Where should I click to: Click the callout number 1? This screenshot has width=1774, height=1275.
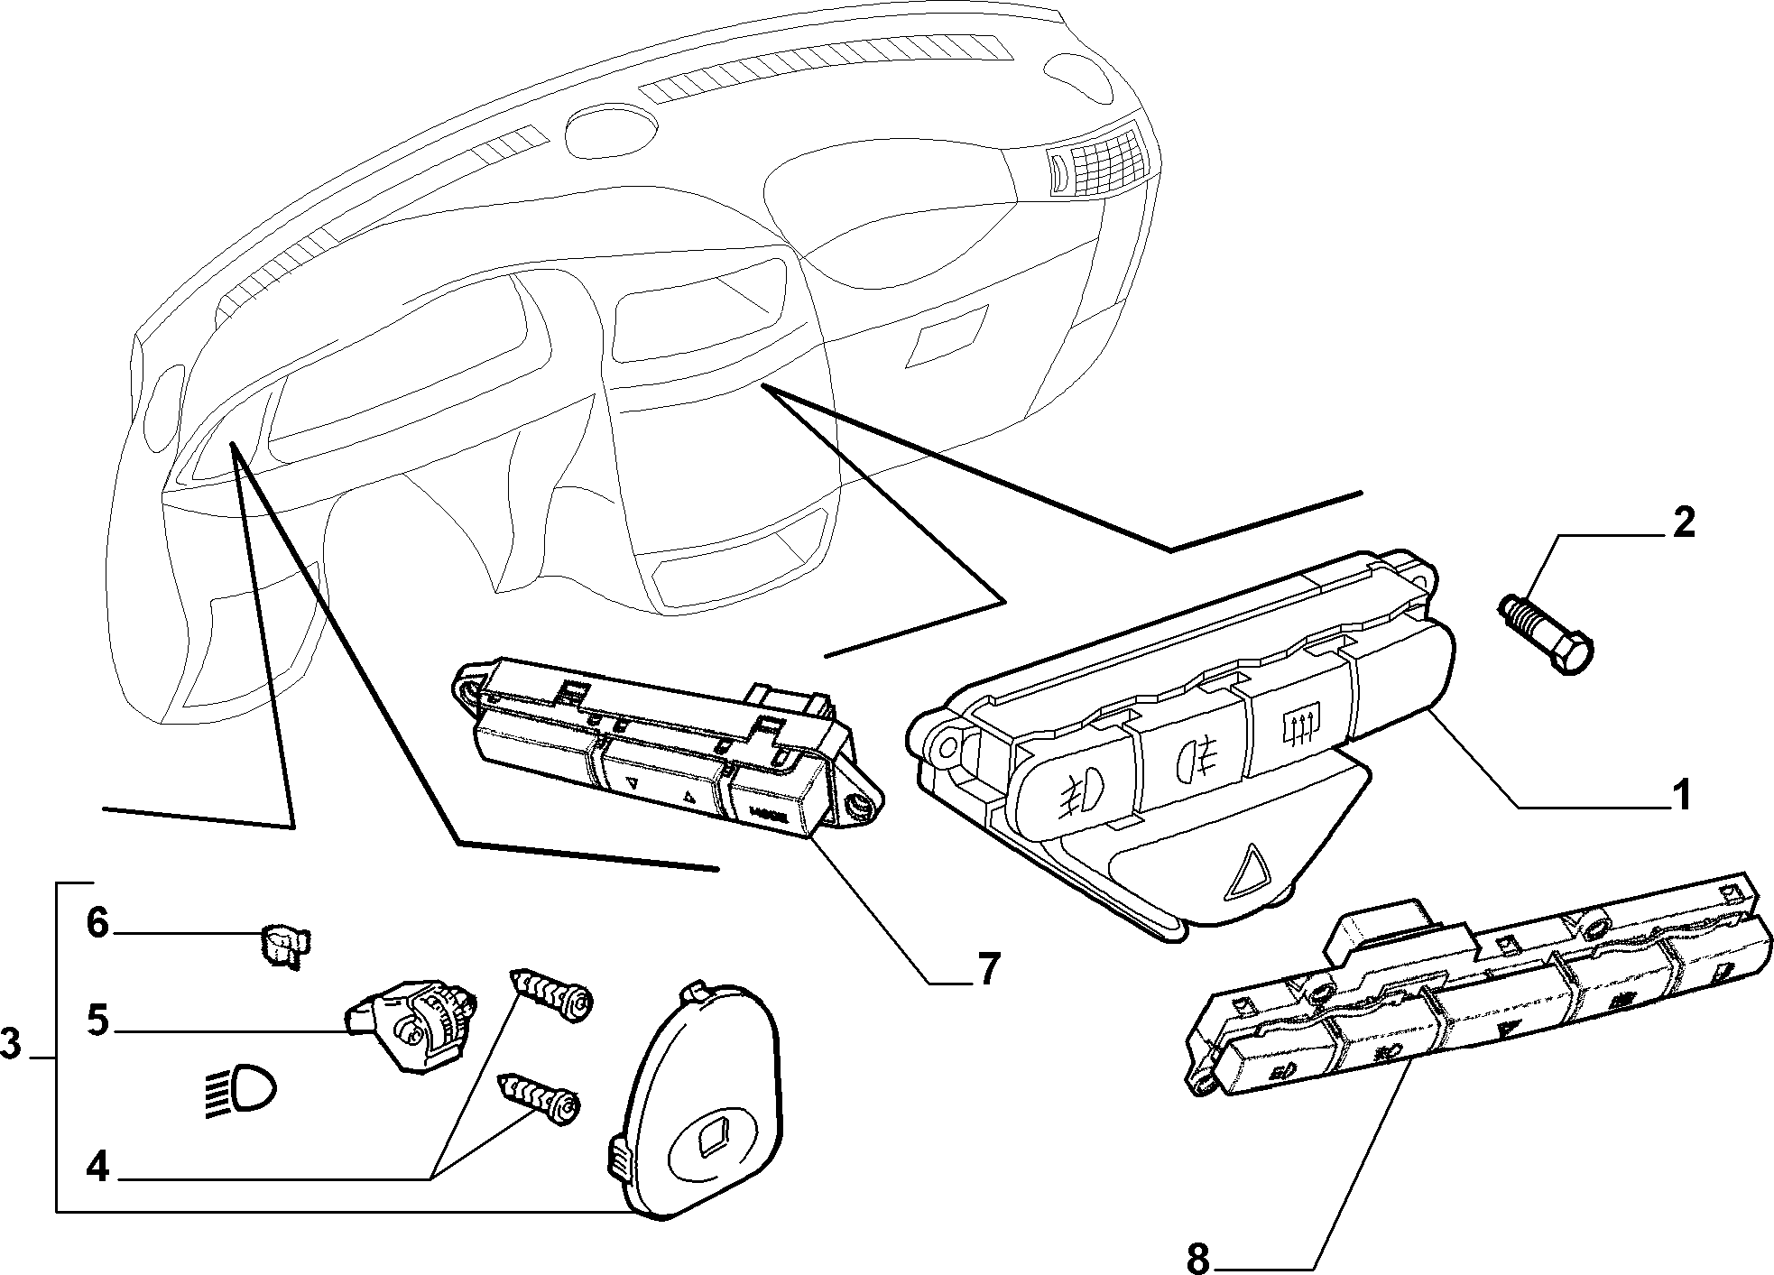click(1680, 796)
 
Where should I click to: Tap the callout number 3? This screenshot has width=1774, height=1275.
click(10, 1045)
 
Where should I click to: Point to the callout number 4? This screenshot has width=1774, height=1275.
click(98, 1169)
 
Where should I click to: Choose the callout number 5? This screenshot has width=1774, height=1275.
click(98, 1021)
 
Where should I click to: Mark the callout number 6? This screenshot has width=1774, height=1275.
click(98, 923)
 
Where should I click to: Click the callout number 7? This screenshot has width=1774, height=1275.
click(989, 969)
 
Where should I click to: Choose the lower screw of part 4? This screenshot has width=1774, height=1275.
click(538, 1098)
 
